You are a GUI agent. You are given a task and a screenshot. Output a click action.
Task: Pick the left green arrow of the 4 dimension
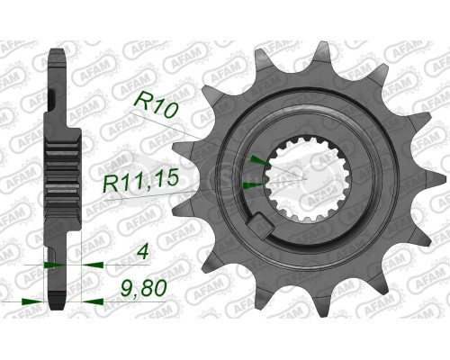[x=52, y=266]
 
